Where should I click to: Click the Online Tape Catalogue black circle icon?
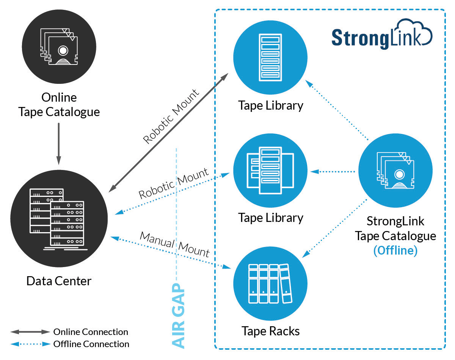(59, 47)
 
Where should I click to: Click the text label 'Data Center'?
(59, 281)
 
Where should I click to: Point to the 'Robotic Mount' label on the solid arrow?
(171, 116)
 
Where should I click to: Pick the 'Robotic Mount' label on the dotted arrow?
(174, 184)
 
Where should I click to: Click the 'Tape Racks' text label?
(270, 331)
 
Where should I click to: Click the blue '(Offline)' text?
(395, 251)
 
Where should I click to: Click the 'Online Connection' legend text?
(91, 332)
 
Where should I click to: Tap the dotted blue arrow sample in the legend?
(30, 344)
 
